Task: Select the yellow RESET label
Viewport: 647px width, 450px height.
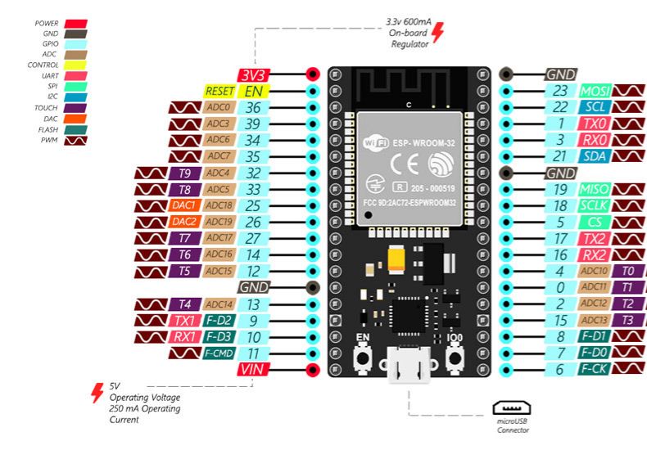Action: point(219,91)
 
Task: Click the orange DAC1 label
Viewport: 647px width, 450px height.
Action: point(184,205)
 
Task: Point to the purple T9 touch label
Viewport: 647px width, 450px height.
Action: point(184,173)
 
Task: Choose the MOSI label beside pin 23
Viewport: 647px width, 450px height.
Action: point(595,91)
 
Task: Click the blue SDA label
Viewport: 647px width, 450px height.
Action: point(595,156)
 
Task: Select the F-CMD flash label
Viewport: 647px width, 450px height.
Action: point(219,353)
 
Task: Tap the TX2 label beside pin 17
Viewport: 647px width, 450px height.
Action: point(595,238)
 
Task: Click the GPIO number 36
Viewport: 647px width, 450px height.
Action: point(254,107)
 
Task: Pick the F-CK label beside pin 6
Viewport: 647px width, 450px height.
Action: point(595,370)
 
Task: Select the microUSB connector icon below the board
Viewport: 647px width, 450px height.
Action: point(513,407)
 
